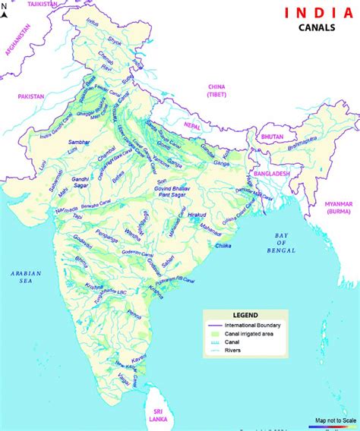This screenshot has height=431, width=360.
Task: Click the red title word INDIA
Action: pos(319,13)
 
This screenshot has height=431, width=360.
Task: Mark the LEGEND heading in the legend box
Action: pos(245,315)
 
